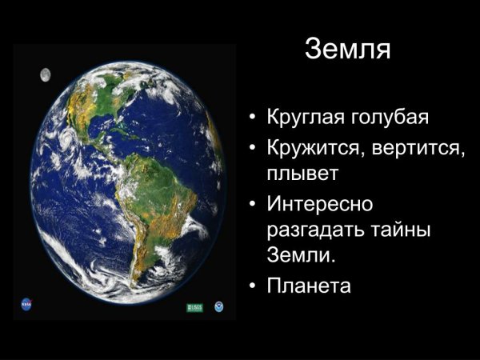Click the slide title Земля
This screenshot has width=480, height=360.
347,50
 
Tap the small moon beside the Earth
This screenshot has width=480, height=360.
46,74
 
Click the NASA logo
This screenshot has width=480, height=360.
25,304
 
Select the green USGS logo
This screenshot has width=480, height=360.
194,307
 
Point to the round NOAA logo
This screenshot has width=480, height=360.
218,306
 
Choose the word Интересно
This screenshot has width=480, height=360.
320,203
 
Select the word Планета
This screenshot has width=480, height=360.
309,286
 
